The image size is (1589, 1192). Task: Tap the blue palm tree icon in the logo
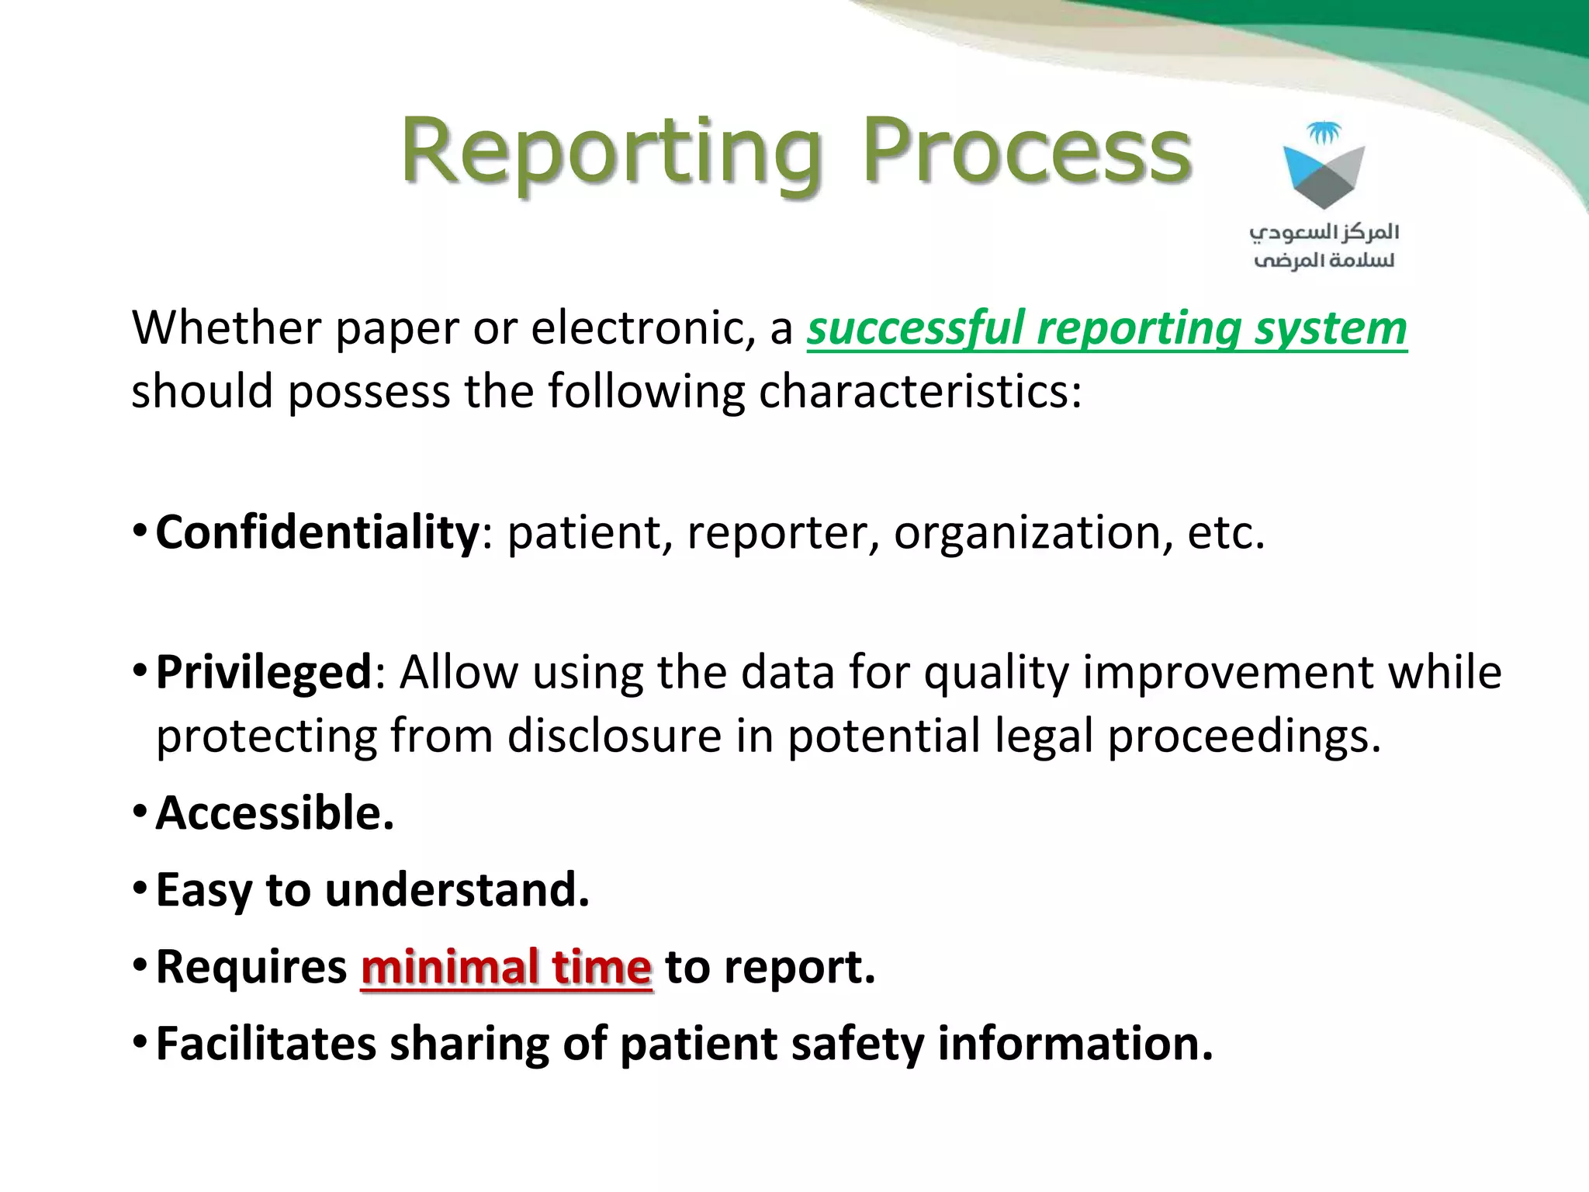(1324, 133)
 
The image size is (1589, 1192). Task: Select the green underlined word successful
(916, 328)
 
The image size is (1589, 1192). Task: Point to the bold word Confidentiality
(317, 532)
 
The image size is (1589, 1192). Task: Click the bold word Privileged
(264, 672)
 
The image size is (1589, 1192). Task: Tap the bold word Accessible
(275, 813)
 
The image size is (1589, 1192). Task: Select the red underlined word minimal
(449, 967)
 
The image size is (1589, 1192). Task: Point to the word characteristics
(919, 390)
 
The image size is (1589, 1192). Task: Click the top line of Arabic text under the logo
(1324, 232)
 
